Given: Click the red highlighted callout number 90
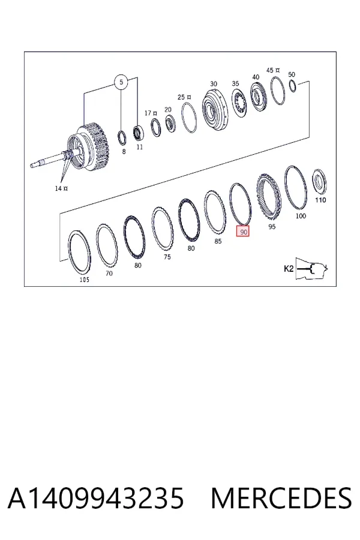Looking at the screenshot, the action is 242,232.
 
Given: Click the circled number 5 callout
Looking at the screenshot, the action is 121,82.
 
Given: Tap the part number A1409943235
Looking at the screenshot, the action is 96,499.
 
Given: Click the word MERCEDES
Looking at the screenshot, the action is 281,499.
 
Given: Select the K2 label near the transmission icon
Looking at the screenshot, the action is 289,269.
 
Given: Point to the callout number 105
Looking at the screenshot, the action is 85,280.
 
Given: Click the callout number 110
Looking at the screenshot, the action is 320,200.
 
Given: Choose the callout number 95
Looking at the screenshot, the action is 272,227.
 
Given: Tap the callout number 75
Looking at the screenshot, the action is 167,257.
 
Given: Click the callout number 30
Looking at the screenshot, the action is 214,83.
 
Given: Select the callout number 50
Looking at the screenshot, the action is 292,74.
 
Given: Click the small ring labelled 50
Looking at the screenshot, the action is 292,86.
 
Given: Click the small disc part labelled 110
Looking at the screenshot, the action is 319,182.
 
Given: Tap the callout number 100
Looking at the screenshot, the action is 301,216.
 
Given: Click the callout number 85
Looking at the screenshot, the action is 218,241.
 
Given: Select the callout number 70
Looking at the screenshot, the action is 109,273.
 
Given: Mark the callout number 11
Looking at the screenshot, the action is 140,147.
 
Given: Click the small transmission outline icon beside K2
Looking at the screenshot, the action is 312,268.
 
